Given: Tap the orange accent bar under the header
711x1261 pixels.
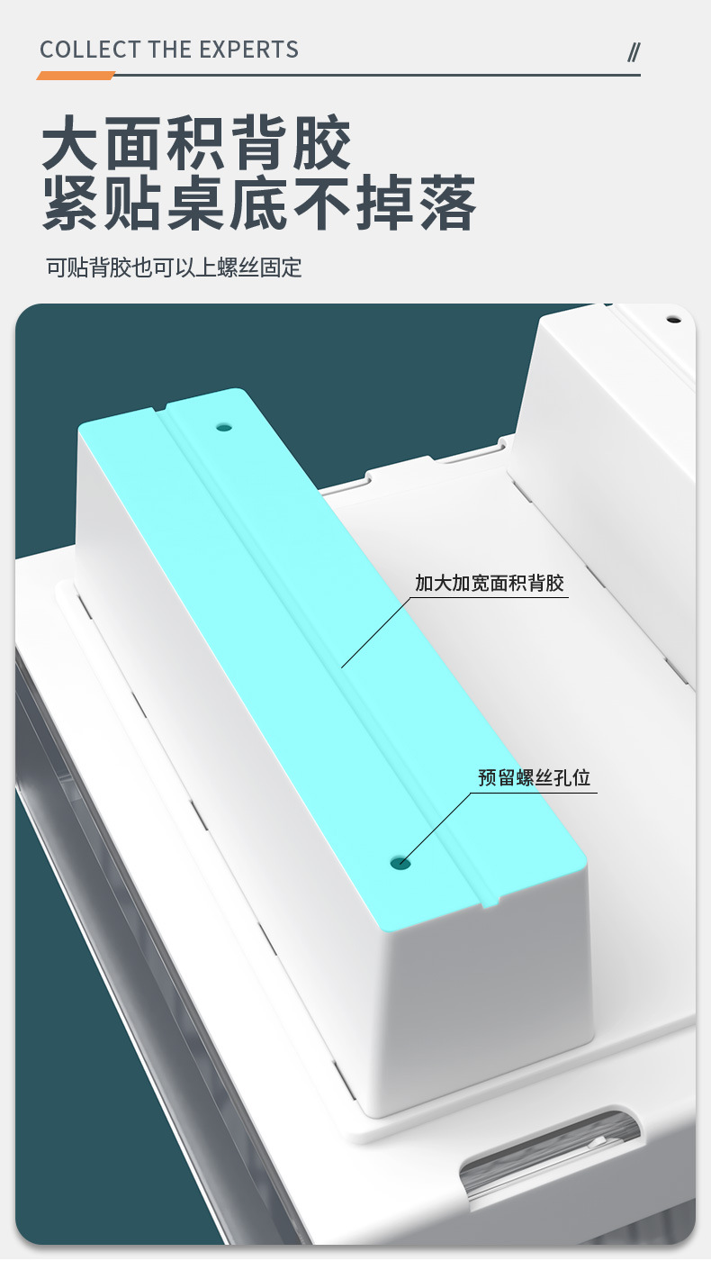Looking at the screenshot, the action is [76, 76].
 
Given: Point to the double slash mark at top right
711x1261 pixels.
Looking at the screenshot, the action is [633, 52].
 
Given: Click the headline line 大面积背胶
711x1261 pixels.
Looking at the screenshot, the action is [197, 141].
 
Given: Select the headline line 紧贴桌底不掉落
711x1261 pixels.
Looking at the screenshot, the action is [259, 204].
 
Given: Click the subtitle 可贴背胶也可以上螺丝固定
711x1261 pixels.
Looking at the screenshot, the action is [174, 268].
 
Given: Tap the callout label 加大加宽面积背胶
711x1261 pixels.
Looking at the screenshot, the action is [489, 583].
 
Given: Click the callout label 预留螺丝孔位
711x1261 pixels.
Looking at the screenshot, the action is [534, 777].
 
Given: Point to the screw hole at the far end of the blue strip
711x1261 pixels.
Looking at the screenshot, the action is [224, 427].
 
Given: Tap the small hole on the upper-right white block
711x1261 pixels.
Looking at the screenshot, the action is [672, 318].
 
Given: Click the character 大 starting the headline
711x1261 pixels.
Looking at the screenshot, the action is [69, 141].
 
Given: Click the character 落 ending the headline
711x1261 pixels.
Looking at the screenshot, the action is [447, 204].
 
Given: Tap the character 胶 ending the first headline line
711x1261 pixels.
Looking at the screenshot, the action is [322, 141].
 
